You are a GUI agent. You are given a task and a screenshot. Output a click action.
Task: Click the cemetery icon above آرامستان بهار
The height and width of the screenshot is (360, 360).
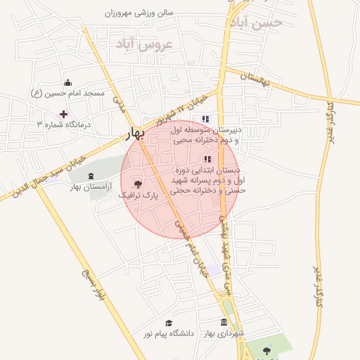pyautogui.click(x=90, y=176)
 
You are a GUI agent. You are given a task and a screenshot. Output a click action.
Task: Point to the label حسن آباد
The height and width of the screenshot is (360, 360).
pyautogui.click(x=255, y=22)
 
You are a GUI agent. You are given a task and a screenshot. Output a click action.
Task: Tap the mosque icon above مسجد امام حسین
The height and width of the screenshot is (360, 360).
pyautogui.click(x=67, y=83)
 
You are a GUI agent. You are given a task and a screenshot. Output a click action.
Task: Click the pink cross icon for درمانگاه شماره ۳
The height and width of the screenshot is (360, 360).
pyautogui.click(x=63, y=113)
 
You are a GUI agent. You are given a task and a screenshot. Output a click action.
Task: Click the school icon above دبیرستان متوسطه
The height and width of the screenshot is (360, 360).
pyautogui.click(x=205, y=119)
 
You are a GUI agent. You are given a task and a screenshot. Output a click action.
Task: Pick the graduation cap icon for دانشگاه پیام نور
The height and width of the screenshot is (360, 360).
pyautogui.click(x=169, y=323)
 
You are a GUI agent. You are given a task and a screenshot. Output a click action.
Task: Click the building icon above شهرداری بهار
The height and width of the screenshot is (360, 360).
pyautogui.click(x=224, y=322)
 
